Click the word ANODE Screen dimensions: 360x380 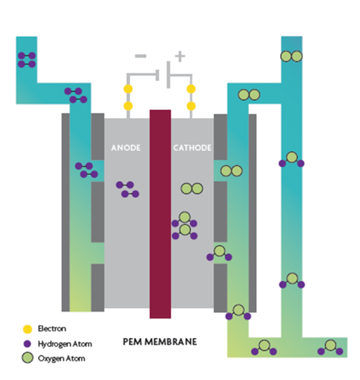tap(125, 148)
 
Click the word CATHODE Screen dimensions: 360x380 tap(192, 148)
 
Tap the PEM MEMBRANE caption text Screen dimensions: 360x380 tap(160, 341)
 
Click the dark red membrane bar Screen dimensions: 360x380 tap(160, 214)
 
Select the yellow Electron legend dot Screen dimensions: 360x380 tap(27, 329)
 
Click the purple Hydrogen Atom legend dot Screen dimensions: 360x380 tap(27, 343)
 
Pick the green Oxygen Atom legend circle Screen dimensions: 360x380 tap(27, 358)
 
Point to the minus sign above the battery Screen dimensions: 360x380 tap(141, 56)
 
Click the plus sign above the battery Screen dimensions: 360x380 tap(180, 56)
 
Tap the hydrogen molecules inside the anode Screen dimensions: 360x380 tap(127, 189)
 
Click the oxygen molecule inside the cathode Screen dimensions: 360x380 tap(192, 188)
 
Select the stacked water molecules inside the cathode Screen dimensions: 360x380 tap(184, 226)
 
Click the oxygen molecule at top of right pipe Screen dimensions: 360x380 tap(292, 56)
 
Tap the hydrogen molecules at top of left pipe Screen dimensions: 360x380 tap(26, 60)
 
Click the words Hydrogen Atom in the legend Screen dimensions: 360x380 tap(65, 344)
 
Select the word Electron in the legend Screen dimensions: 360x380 tap(52, 329)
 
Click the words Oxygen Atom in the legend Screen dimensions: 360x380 tap(62, 358)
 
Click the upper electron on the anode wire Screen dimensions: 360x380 tap(128, 89)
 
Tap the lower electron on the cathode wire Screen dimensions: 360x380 tap(191, 106)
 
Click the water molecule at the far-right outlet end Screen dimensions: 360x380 tap(330, 347)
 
